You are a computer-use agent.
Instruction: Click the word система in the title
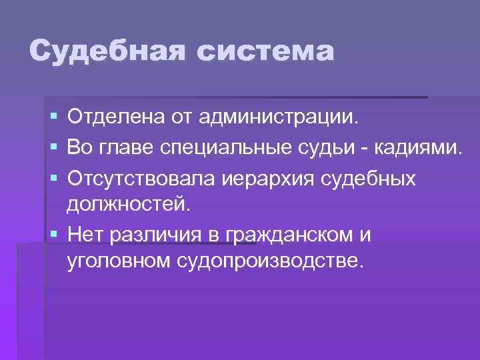click(x=258, y=51)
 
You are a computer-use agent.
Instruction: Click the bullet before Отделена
click(x=53, y=119)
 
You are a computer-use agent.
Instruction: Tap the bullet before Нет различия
click(x=53, y=234)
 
